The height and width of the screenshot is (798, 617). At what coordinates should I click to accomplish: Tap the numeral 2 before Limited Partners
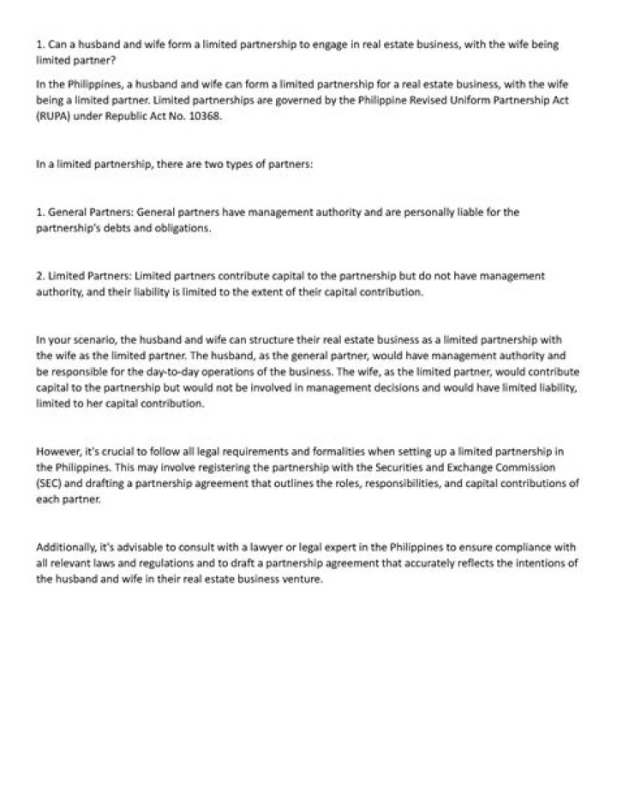(x=39, y=276)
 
